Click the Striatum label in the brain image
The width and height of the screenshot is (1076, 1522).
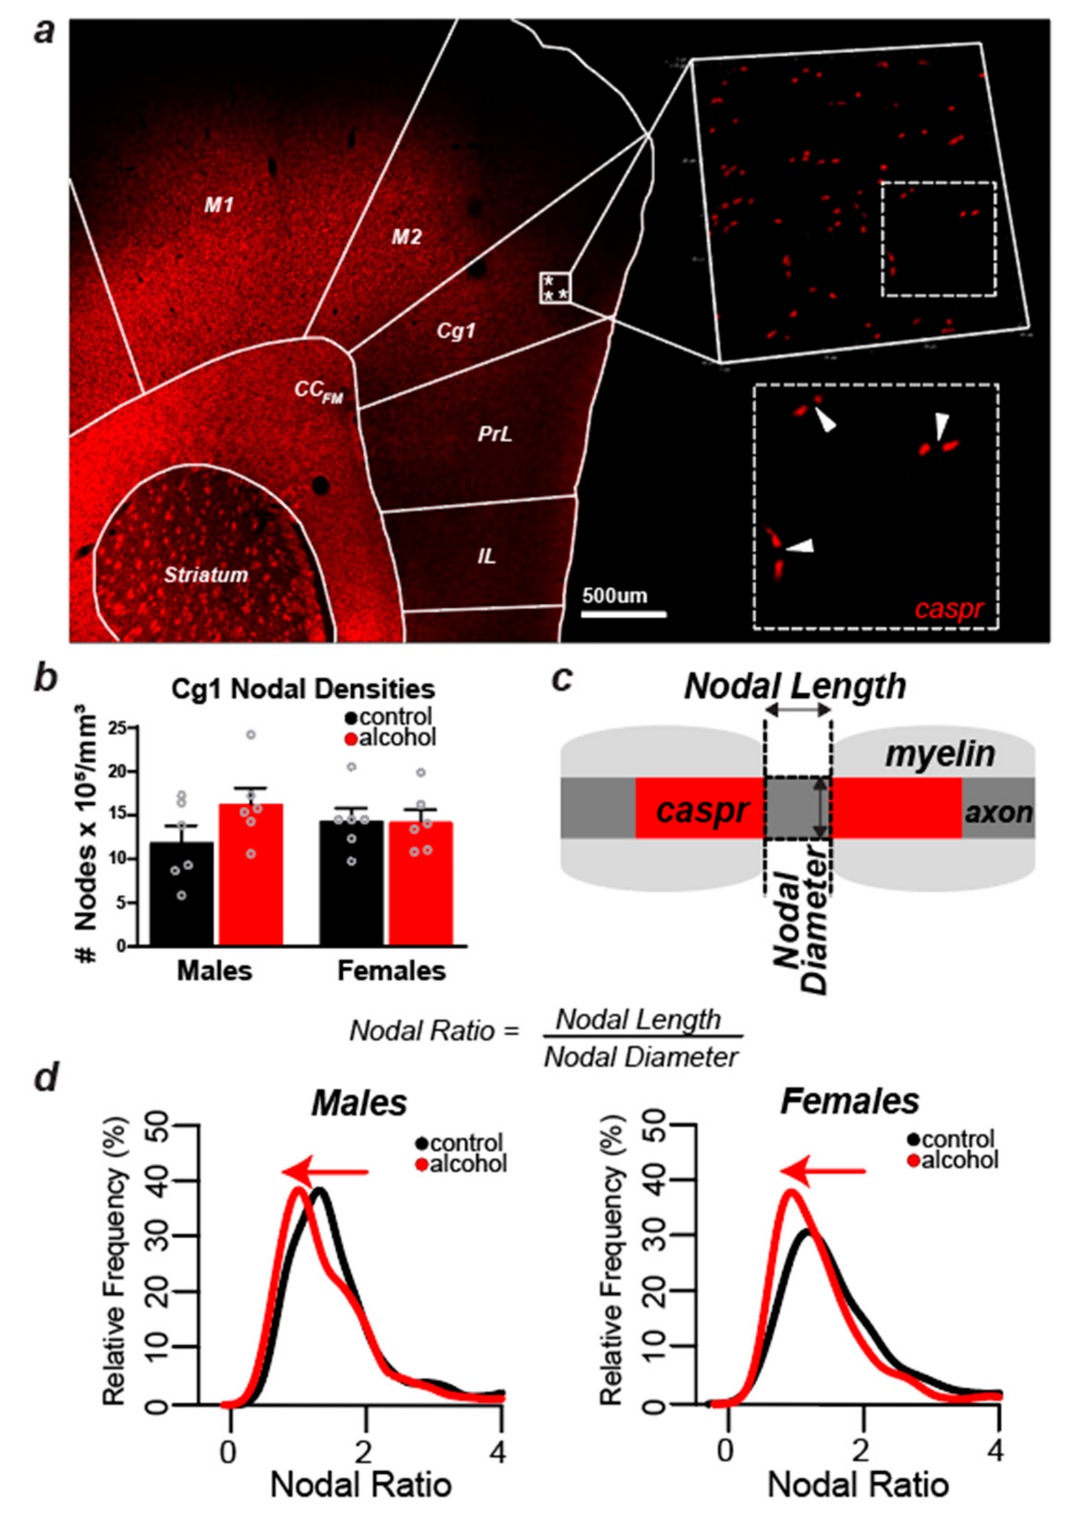[206, 574]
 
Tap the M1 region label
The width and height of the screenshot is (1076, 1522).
[219, 205]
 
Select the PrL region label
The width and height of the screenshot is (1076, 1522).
[496, 435]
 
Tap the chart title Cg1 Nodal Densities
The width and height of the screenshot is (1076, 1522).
[303, 689]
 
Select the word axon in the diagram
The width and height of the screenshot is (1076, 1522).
[998, 811]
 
